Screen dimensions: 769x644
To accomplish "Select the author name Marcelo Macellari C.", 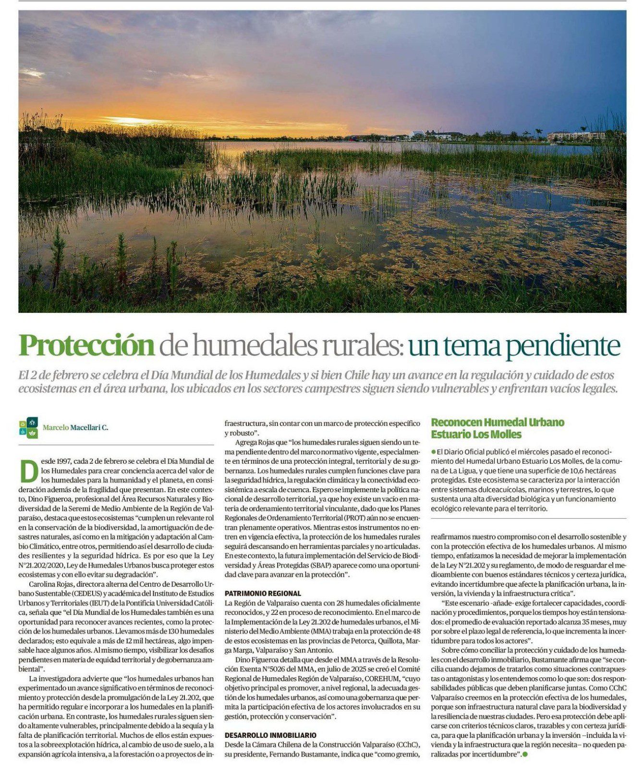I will (75, 427).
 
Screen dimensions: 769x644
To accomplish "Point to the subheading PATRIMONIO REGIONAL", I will (263, 594).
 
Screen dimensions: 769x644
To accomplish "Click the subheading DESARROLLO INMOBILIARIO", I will (270, 735).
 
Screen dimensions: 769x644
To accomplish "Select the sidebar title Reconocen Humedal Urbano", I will (498, 422).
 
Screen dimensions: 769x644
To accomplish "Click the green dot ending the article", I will (525, 755).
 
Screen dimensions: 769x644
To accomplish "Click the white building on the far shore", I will (423, 135).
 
